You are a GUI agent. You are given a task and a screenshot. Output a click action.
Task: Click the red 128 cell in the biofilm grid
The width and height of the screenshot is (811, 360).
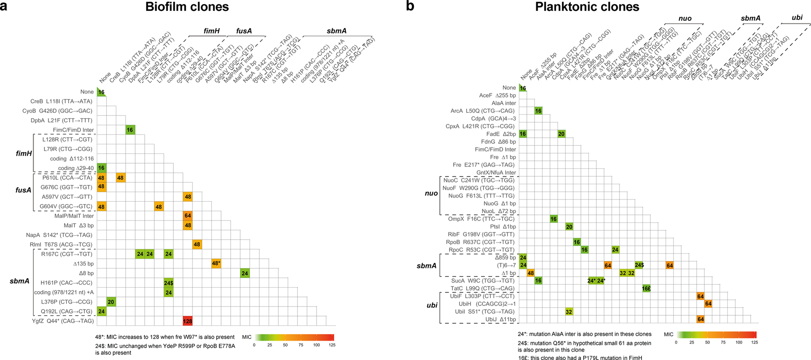click(x=188, y=321)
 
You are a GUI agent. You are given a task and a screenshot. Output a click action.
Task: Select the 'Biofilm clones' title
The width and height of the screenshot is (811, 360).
click(x=187, y=7)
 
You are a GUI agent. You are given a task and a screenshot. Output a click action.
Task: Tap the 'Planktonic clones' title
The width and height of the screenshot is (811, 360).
click(x=587, y=7)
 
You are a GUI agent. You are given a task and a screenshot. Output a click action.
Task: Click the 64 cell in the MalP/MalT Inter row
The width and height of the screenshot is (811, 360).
click(x=188, y=216)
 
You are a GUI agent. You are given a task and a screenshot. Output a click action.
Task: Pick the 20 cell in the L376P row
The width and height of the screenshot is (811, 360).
click(x=111, y=302)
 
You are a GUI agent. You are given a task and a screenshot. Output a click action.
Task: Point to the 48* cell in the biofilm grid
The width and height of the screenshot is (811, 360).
click(x=216, y=263)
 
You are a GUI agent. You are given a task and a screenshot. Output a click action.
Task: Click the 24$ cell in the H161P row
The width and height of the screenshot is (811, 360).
click(x=169, y=283)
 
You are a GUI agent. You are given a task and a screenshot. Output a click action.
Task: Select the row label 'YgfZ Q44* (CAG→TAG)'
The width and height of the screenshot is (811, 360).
click(x=63, y=321)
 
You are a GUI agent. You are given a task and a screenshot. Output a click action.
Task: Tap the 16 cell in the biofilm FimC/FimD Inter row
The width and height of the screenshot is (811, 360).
click(x=130, y=130)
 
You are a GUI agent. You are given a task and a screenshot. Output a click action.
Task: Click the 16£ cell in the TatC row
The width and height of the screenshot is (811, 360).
click(x=646, y=288)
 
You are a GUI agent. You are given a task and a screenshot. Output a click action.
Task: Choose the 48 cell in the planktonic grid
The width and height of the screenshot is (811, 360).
click(x=531, y=273)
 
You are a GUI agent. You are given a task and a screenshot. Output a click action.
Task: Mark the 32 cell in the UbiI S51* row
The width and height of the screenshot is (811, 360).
click(x=569, y=312)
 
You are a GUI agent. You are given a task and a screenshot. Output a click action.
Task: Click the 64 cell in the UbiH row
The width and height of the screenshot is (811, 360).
click(x=708, y=304)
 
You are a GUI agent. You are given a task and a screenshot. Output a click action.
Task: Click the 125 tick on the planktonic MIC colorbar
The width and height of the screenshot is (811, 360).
click(x=754, y=342)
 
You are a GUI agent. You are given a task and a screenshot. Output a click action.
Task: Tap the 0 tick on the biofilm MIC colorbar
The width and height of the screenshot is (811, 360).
click(x=254, y=345)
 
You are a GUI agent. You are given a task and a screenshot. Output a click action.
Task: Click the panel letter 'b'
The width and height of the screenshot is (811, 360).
click(x=410, y=7)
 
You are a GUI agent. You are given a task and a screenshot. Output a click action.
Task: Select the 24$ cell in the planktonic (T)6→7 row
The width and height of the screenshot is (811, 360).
click(x=639, y=265)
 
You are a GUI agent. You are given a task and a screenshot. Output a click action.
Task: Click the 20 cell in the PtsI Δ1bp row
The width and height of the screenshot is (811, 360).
click(x=569, y=227)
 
